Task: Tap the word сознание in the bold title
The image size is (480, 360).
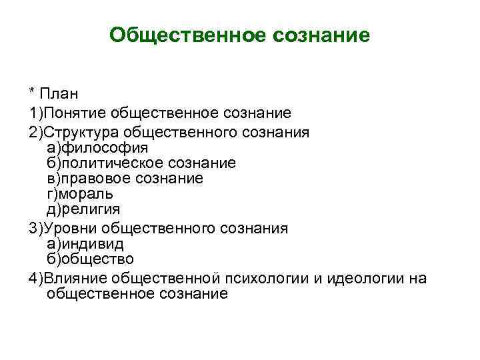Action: coord(321,35)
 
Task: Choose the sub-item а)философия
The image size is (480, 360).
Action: coord(97,147)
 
